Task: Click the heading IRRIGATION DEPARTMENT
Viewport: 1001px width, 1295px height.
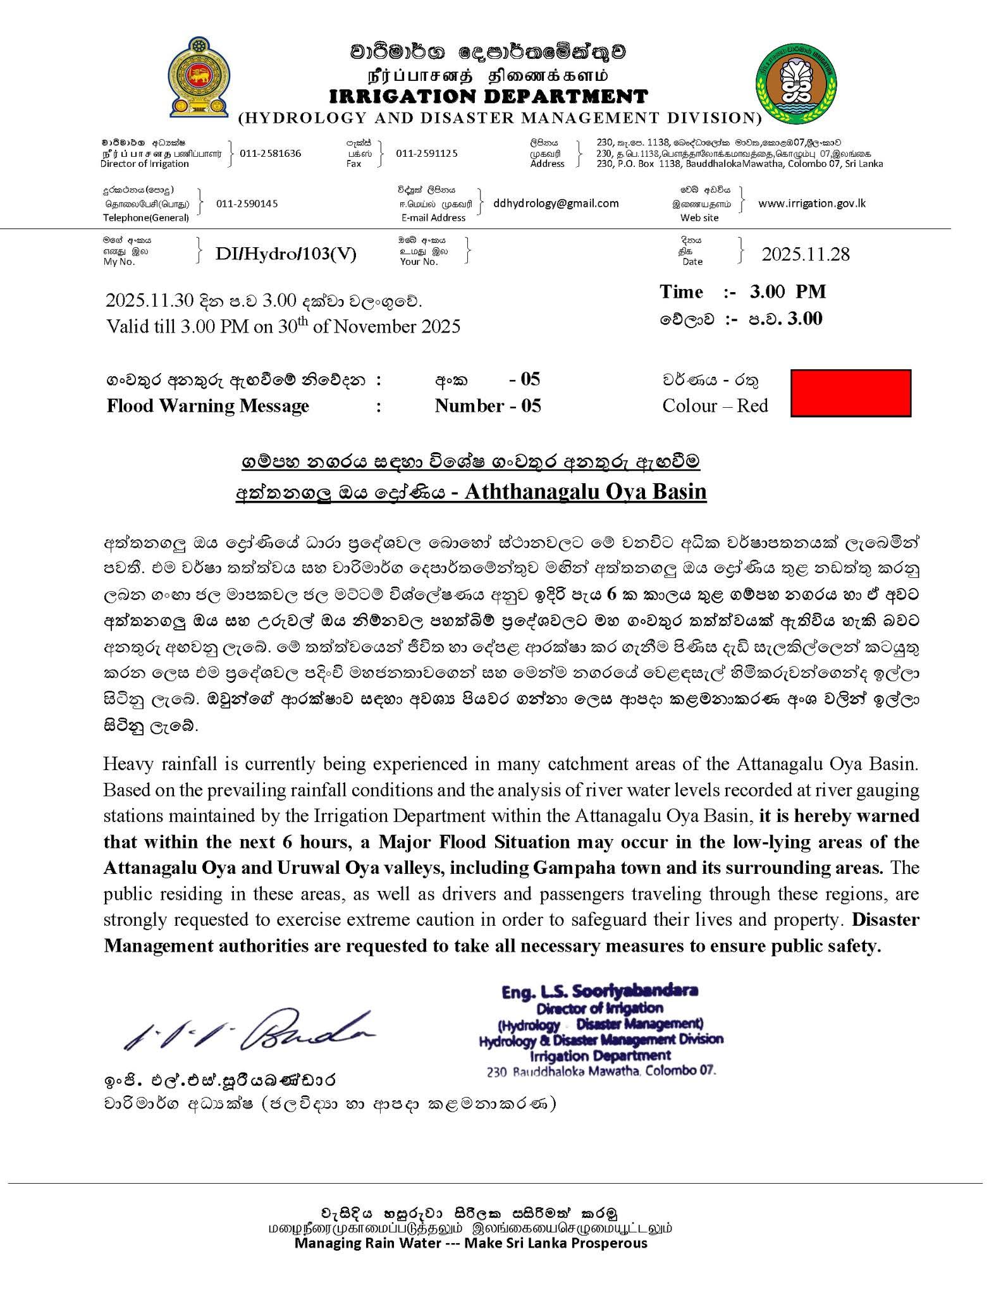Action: click(x=489, y=97)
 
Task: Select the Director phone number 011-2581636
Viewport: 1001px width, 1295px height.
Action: click(x=271, y=154)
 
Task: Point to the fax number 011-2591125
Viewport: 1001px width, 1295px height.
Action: click(x=427, y=154)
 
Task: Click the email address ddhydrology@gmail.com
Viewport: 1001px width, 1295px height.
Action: click(x=556, y=204)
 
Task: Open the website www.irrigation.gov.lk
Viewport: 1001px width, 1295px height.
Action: click(x=812, y=204)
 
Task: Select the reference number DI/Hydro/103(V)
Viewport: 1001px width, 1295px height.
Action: click(x=286, y=254)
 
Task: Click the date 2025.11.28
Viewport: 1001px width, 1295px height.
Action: click(x=806, y=254)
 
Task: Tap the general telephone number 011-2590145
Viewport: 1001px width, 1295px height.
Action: click(x=247, y=204)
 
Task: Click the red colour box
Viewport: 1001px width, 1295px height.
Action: click(x=851, y=393)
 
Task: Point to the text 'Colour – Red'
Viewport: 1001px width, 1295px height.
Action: click(x=715, y=406)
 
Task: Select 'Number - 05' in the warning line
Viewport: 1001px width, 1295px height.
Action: click(x=488, y=406)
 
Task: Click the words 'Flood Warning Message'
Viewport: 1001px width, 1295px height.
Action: click(x=208, y=406)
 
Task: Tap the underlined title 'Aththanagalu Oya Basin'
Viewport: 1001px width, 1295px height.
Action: click(x=586, y=491)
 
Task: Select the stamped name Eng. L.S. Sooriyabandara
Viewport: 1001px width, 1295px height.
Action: click(x=600, y=991)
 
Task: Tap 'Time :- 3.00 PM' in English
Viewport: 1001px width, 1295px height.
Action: click(x=743, y=292)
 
